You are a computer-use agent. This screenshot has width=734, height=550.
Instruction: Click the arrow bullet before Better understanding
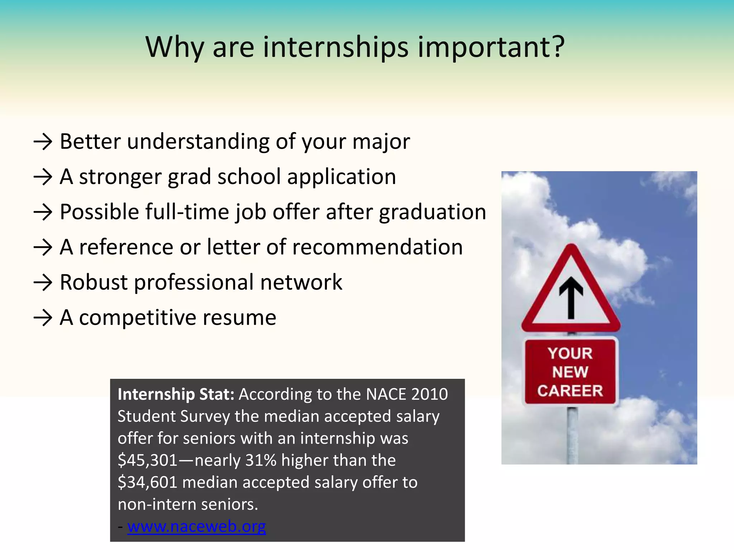click(x=43, y=142)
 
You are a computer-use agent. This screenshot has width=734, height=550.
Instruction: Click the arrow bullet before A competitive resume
click(x=43, y=318)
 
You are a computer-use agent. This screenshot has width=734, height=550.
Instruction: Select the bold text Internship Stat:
click(x=176, y=394)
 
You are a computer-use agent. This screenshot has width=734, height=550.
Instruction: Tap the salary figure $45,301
click(x=147, y=460)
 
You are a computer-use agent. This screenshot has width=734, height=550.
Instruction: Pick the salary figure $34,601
click(x=147, y=482)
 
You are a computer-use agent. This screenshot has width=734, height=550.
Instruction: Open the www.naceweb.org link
click(x=196, y=526)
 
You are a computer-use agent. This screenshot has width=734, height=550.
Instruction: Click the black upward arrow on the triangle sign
click(x=571, y=297)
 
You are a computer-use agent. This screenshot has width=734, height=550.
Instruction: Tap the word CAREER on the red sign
click(x=570, y=391)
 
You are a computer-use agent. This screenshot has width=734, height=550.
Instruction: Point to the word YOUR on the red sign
click(x=570, y=353)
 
